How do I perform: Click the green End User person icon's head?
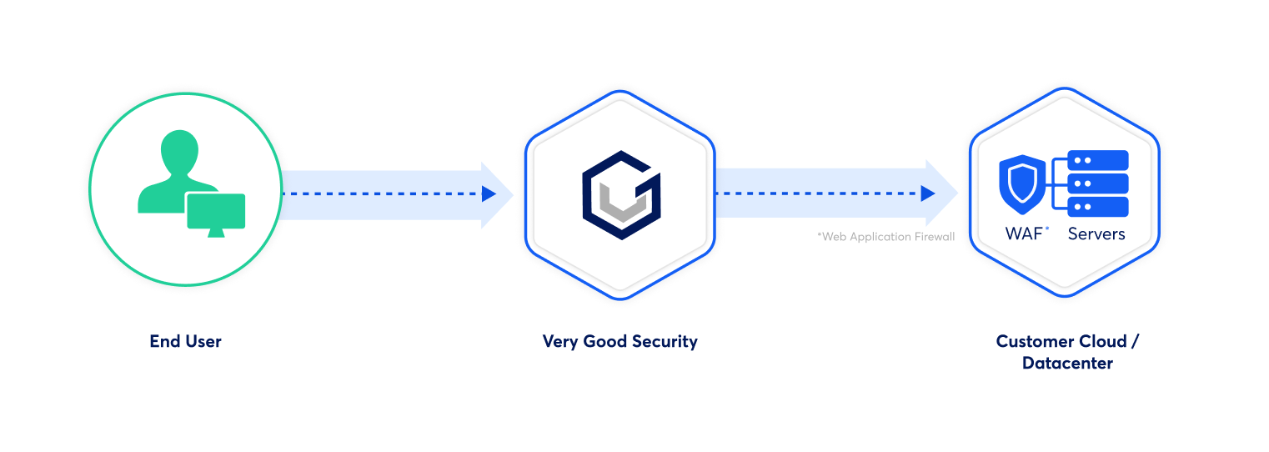[180, 151]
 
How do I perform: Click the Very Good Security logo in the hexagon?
[620, 194]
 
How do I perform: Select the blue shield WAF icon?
[1022, 185]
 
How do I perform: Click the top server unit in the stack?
[1097, 160]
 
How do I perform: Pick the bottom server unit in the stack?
[1097, 207]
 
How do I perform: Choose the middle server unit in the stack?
[1097, 183]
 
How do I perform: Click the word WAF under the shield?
[1023, 234]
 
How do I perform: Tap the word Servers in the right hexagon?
[1096, 234]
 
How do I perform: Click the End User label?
[185, 341]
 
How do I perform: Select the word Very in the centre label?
[559, 341]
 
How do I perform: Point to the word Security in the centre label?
[664, 341]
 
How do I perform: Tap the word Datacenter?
[1067, 363]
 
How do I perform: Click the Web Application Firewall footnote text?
[885, 237]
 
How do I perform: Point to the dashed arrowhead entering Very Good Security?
[489, 194]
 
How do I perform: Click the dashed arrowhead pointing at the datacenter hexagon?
[927, 194]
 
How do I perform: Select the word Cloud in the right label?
[1102, 341]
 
